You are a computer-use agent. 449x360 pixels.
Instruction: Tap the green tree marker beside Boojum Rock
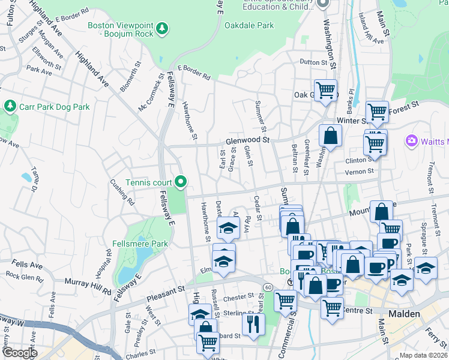click(x=161, y=28)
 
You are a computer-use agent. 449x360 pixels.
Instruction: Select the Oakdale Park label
click(x=249, y=26)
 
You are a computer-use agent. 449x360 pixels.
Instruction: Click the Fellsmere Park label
click(x=140, y=244)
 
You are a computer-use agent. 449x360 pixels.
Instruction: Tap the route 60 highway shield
click(x=267, y=288)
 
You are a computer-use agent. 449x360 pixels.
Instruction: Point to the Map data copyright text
click(x=423, y=355)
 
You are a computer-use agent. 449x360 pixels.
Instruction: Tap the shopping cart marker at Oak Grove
click(x=325, y=91)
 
